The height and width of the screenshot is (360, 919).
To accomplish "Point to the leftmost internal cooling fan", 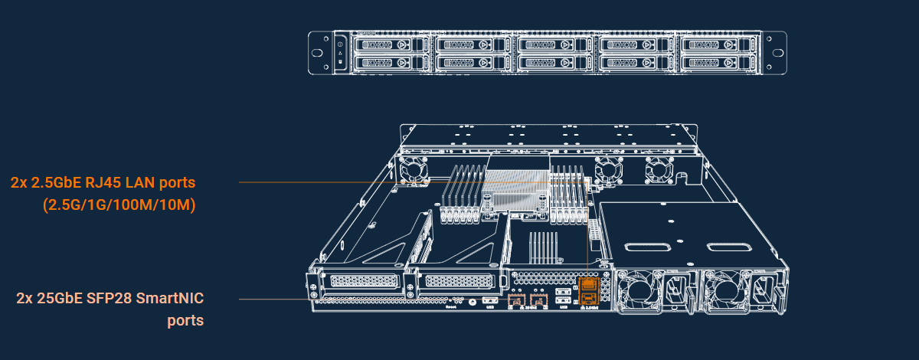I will [x=414, y=169].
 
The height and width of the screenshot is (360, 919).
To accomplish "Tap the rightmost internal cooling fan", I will [x=656, y=169].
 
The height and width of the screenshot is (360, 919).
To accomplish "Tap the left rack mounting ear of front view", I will [x=319, y=54].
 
